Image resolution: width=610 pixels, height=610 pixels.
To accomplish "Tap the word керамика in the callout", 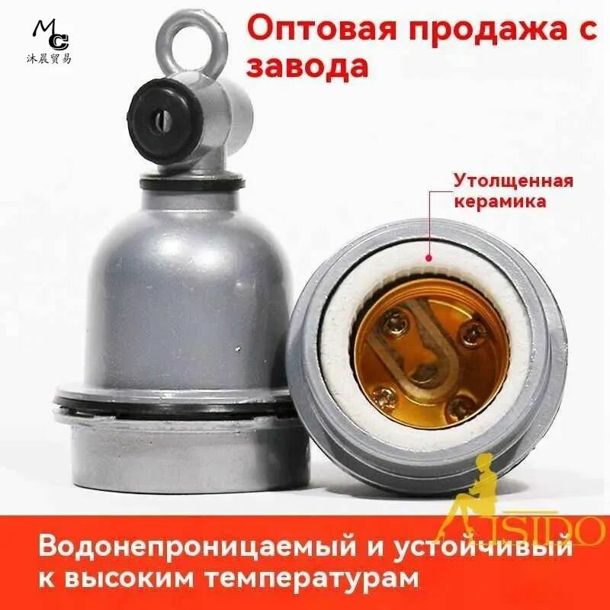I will click(499, 202).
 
